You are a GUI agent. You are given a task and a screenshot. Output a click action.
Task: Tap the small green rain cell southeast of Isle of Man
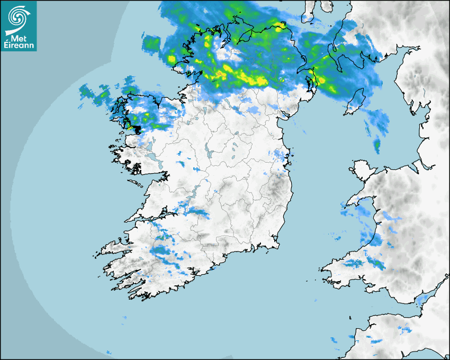point(377,144)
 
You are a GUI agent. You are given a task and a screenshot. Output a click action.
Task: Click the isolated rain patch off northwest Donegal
point(152,42)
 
